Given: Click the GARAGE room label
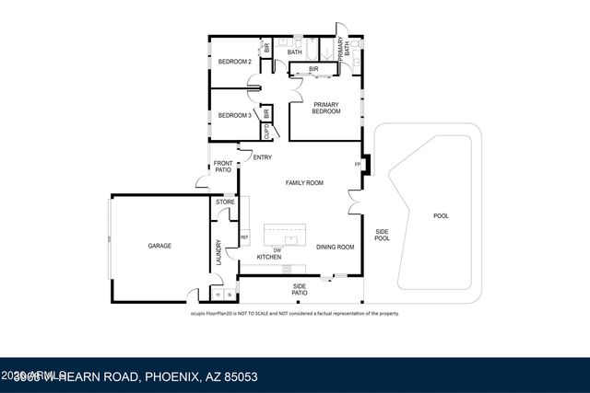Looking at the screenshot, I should (x=160, y=246).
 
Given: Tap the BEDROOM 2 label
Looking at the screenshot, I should (x=234, y=62).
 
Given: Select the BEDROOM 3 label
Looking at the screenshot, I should (x=234, y=115).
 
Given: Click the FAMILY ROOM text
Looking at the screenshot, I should (x=304, y=183).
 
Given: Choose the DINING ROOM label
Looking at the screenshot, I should (x=336, y=247).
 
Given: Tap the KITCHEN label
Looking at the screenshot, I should (x=268, y=257).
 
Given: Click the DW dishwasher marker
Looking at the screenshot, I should (x=277, y=249).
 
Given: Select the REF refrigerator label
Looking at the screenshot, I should (x=244, y=237).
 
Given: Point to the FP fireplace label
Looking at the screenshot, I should (x=358, y=165).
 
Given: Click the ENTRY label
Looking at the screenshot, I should (x=262, y=156).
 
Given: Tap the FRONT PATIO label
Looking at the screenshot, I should (x=222, y=168).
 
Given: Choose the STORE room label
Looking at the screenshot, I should (x=225, y=202).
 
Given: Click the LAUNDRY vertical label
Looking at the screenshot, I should (x=218, y=252).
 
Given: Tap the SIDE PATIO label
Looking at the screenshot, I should (x=299, y=289).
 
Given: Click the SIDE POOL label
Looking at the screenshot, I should (x=382, y=235).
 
